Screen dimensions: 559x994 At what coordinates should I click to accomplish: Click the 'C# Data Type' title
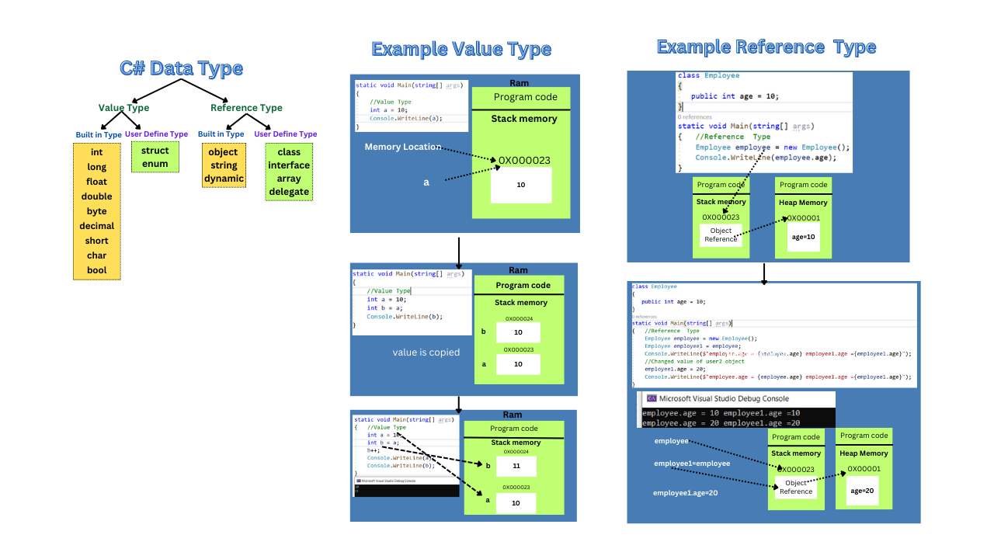click(x=181, y=68)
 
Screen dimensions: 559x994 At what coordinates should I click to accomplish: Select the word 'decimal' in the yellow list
click(x=97, y=226)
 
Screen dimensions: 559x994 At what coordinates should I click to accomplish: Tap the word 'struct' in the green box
click(x=155, y=151)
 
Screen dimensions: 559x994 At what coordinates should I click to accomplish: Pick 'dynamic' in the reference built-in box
click(x=224, y=179)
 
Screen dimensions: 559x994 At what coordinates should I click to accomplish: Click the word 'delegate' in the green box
click(x=289, y=192)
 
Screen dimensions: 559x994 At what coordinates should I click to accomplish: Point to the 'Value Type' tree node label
click(x=123, y=108)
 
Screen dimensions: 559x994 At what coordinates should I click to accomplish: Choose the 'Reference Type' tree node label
click(x=246, y=108)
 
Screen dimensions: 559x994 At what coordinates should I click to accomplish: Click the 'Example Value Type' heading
click(x=461, y=50)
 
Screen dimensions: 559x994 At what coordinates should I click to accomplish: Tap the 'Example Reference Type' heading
click(x=766, y=47)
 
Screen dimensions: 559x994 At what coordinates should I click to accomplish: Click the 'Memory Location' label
click(x=402, y=147)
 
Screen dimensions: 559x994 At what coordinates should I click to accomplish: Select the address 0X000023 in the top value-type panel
click(x=524, y=161)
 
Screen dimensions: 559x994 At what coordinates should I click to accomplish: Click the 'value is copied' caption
click(x=426, y=352)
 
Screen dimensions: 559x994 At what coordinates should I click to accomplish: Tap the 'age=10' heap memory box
click(x=803, y=237)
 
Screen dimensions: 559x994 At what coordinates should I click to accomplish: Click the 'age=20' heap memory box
click(x=863, y=491)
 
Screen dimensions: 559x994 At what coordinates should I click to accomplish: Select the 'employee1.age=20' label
click(x=685, y=493)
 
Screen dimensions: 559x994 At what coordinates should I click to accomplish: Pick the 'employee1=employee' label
click(x=692, y=464)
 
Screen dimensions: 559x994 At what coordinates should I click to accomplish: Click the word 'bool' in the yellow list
click(x=97, y=270)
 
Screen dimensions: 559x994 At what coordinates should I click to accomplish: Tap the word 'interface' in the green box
click(x=289, y=165)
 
